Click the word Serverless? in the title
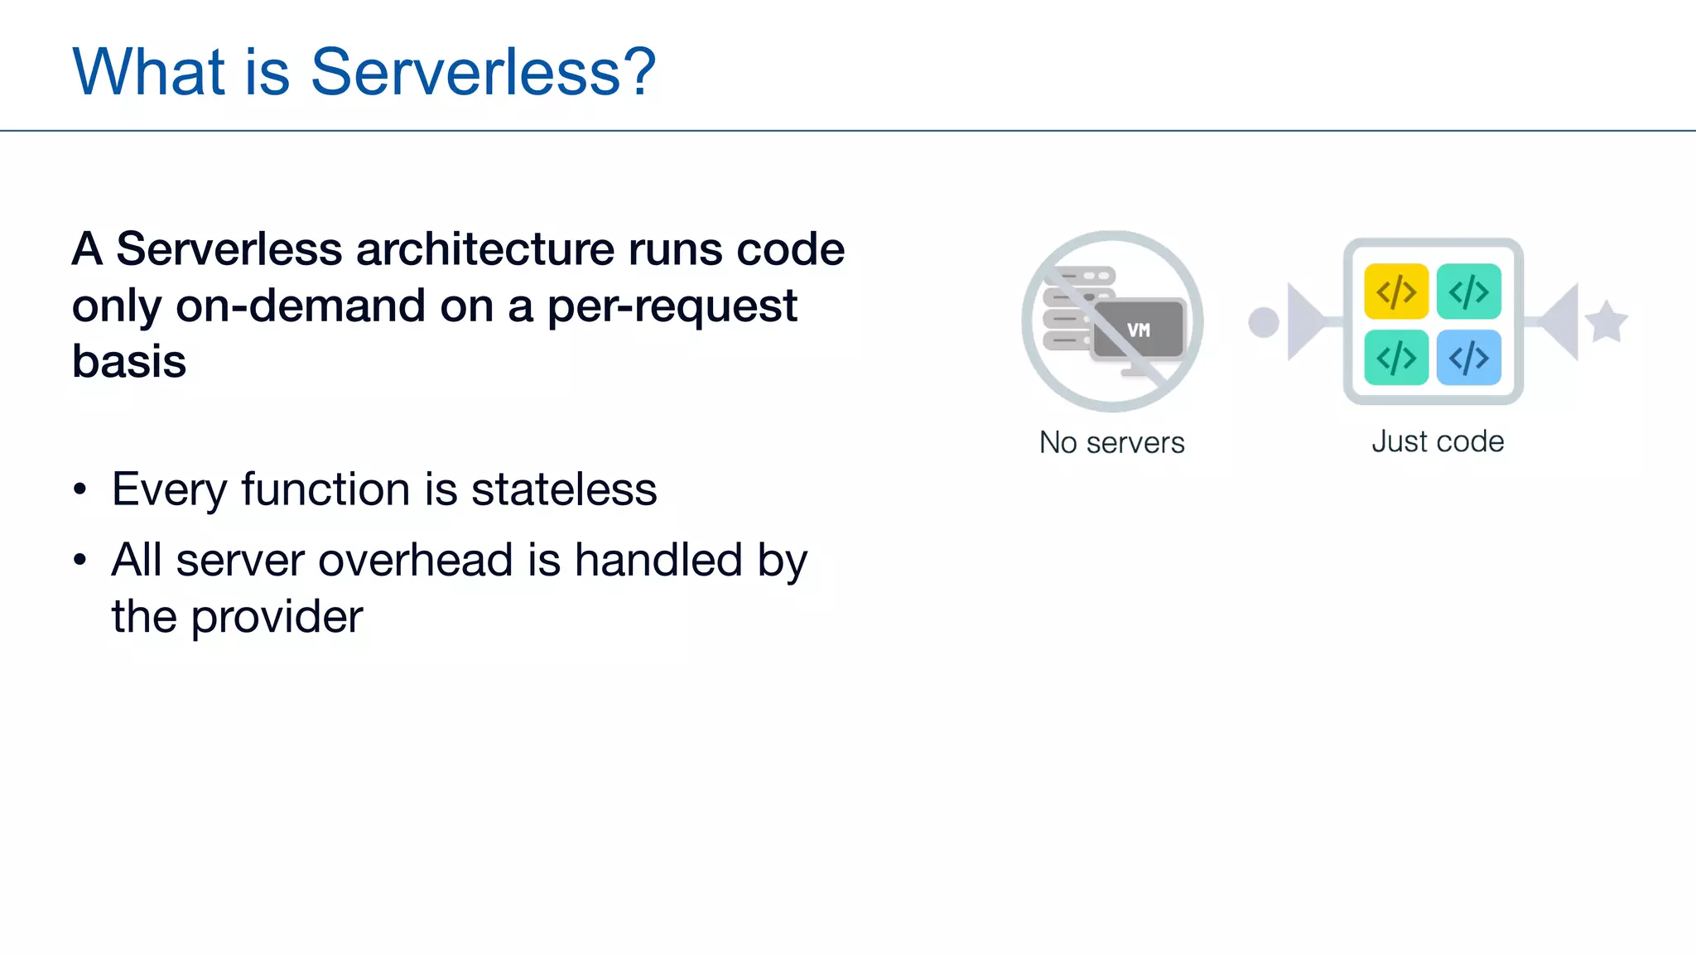(x=483, y=73)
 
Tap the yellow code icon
(x=1396, y=291)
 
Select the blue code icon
(x=1468, y=358)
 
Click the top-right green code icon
(x=1468, y=291)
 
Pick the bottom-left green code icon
(x=1396, y=358)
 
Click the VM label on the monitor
(x=1139, y=330)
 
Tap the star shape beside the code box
(x=1607, y=322)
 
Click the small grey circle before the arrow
(x=1264, y=322)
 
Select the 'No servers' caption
(x=1111, y=443)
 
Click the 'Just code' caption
(x=1438, y=441)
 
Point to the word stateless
(x=564, y=489)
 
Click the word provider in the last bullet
(x=277, y=618)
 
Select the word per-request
(x=672, y=306)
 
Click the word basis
(x=129, y=362)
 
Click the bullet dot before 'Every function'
(x=79, y=489)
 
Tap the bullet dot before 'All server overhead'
(x=79, y=561)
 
